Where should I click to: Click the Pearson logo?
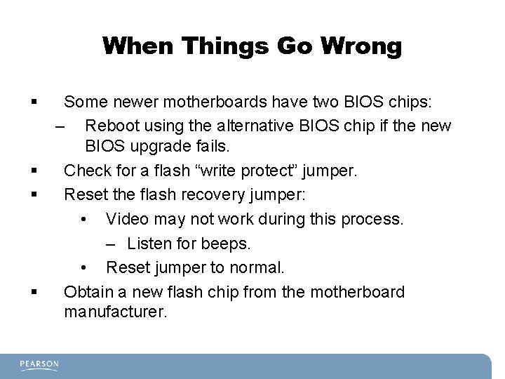(x=39, y=366)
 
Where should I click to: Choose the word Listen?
(x=150, y=244)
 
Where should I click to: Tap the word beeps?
(x=227, y=244)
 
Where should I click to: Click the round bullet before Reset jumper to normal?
(x=83, y=268)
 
